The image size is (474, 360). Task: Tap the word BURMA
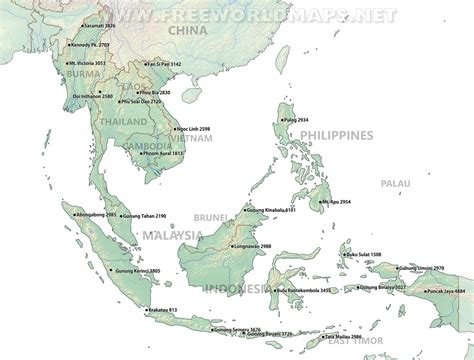click(85, 73)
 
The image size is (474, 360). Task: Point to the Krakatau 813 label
click(159, 311)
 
